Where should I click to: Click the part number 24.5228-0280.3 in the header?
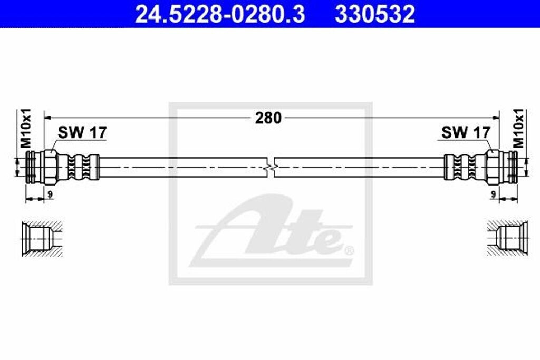[x=220, y=14]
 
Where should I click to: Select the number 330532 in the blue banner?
[x=375, y=14]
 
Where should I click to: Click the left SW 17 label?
[x=81, y=132]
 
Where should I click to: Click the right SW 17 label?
[x=465, y=132]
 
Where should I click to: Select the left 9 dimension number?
[x=49, y=194]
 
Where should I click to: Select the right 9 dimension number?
[x=494, y=194]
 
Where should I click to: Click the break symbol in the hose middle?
[x=270, y=167]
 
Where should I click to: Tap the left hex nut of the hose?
[x=51, y=167]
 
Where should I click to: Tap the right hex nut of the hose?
[x=493, y=167]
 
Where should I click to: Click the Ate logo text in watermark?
[x=274, y=232]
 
